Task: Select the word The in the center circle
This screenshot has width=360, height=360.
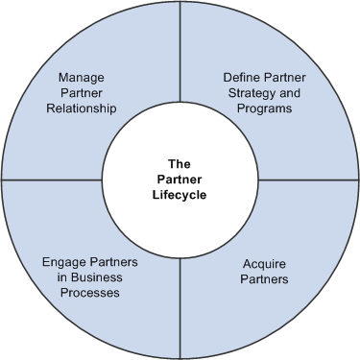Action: tap(180, 163)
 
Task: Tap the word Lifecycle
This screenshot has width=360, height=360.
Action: tap(180, 195)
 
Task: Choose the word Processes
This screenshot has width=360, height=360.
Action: tap(87, 294)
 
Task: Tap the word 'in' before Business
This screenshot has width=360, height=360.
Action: tap(57, 277)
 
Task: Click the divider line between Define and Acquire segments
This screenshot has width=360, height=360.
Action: tap(307, 180)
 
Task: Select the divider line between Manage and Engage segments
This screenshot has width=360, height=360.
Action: tap(53, 180)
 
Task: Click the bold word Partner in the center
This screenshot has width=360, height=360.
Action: tap(180, 180)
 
